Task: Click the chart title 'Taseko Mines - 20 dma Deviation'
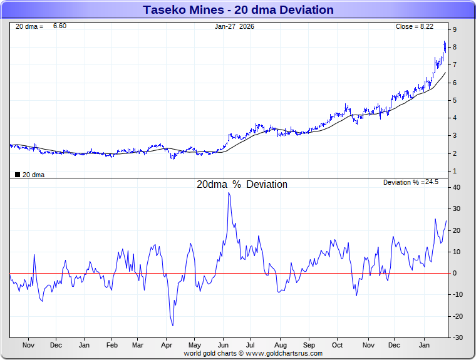[x=238, y=10]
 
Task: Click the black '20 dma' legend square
[x=18, y=175]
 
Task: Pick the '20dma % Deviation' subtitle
[x=242, y=185]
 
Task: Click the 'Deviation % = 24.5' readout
[x=410, y=182]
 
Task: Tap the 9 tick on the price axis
[x=455, y=29]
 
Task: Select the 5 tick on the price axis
[x=455, y=100]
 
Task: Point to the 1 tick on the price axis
[x=455, y=171]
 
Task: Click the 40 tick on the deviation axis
[x=457, y=187]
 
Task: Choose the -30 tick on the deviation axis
[x=458, y=337]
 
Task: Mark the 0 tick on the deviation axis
[x=455, y=273]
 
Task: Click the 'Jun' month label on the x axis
[x=222, y=345]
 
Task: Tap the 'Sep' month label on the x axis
[x=309, y=345]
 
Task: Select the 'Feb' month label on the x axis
[x=112, y=345]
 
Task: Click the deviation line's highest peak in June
[x=229, y=193]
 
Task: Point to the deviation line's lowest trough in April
[x=173, y=326]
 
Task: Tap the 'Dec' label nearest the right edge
[x=394, y=345]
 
